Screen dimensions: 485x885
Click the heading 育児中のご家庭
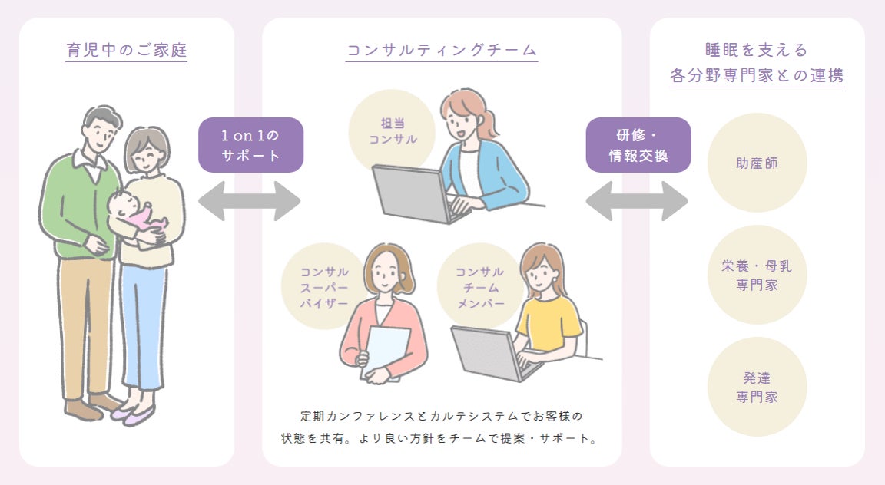point(127,51)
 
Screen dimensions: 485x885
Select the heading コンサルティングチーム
point(441,51)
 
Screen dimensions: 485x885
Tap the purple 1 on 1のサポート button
point(250,144)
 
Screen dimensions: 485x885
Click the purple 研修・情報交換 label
point(638,144)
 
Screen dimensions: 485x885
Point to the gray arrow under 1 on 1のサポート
point(249,201)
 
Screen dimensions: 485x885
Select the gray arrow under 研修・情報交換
point(637,201)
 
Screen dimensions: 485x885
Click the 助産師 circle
point(757,163)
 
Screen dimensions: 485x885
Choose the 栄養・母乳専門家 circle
point(757,275)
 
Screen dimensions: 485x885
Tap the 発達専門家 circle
point(757,387)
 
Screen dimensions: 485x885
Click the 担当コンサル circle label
point(393,131)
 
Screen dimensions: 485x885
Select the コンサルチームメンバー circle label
point(479,286)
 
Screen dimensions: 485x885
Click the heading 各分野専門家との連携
point(757,75)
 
